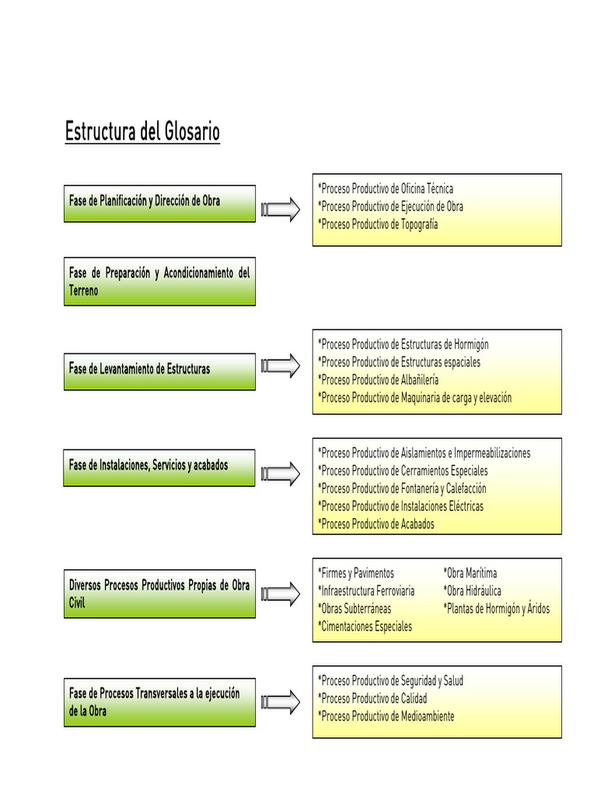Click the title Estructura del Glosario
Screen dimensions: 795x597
click(x=142, y=132)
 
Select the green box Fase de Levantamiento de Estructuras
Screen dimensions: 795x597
click(x=159, y=370)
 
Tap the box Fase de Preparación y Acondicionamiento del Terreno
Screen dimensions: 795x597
click(x=159, y=283)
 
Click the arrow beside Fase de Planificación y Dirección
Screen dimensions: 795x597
click(x=281, y=207)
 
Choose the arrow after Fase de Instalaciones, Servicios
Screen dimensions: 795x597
click(x=281, y=473)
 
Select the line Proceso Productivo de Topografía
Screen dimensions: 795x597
click(x=378, y=224)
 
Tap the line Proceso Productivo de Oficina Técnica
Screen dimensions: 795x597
click(x=386, y=189)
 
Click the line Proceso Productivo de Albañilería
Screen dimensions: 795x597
click(x=379, y=380)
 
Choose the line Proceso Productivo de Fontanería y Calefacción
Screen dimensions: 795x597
click(x=402, y=488)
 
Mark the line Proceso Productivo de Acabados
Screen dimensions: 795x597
click(x=376, y=524)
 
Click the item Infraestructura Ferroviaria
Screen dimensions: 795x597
click(x=366, y=591)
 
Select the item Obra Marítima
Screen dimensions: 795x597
click(x=470, y=573)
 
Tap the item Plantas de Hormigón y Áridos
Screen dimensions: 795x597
click(x=497, y=609)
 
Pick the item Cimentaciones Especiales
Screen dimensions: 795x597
click(x=365, y=627)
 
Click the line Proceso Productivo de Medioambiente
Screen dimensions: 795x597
click(x=386, y=716)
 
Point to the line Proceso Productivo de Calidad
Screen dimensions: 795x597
click(x=372, y=698)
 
